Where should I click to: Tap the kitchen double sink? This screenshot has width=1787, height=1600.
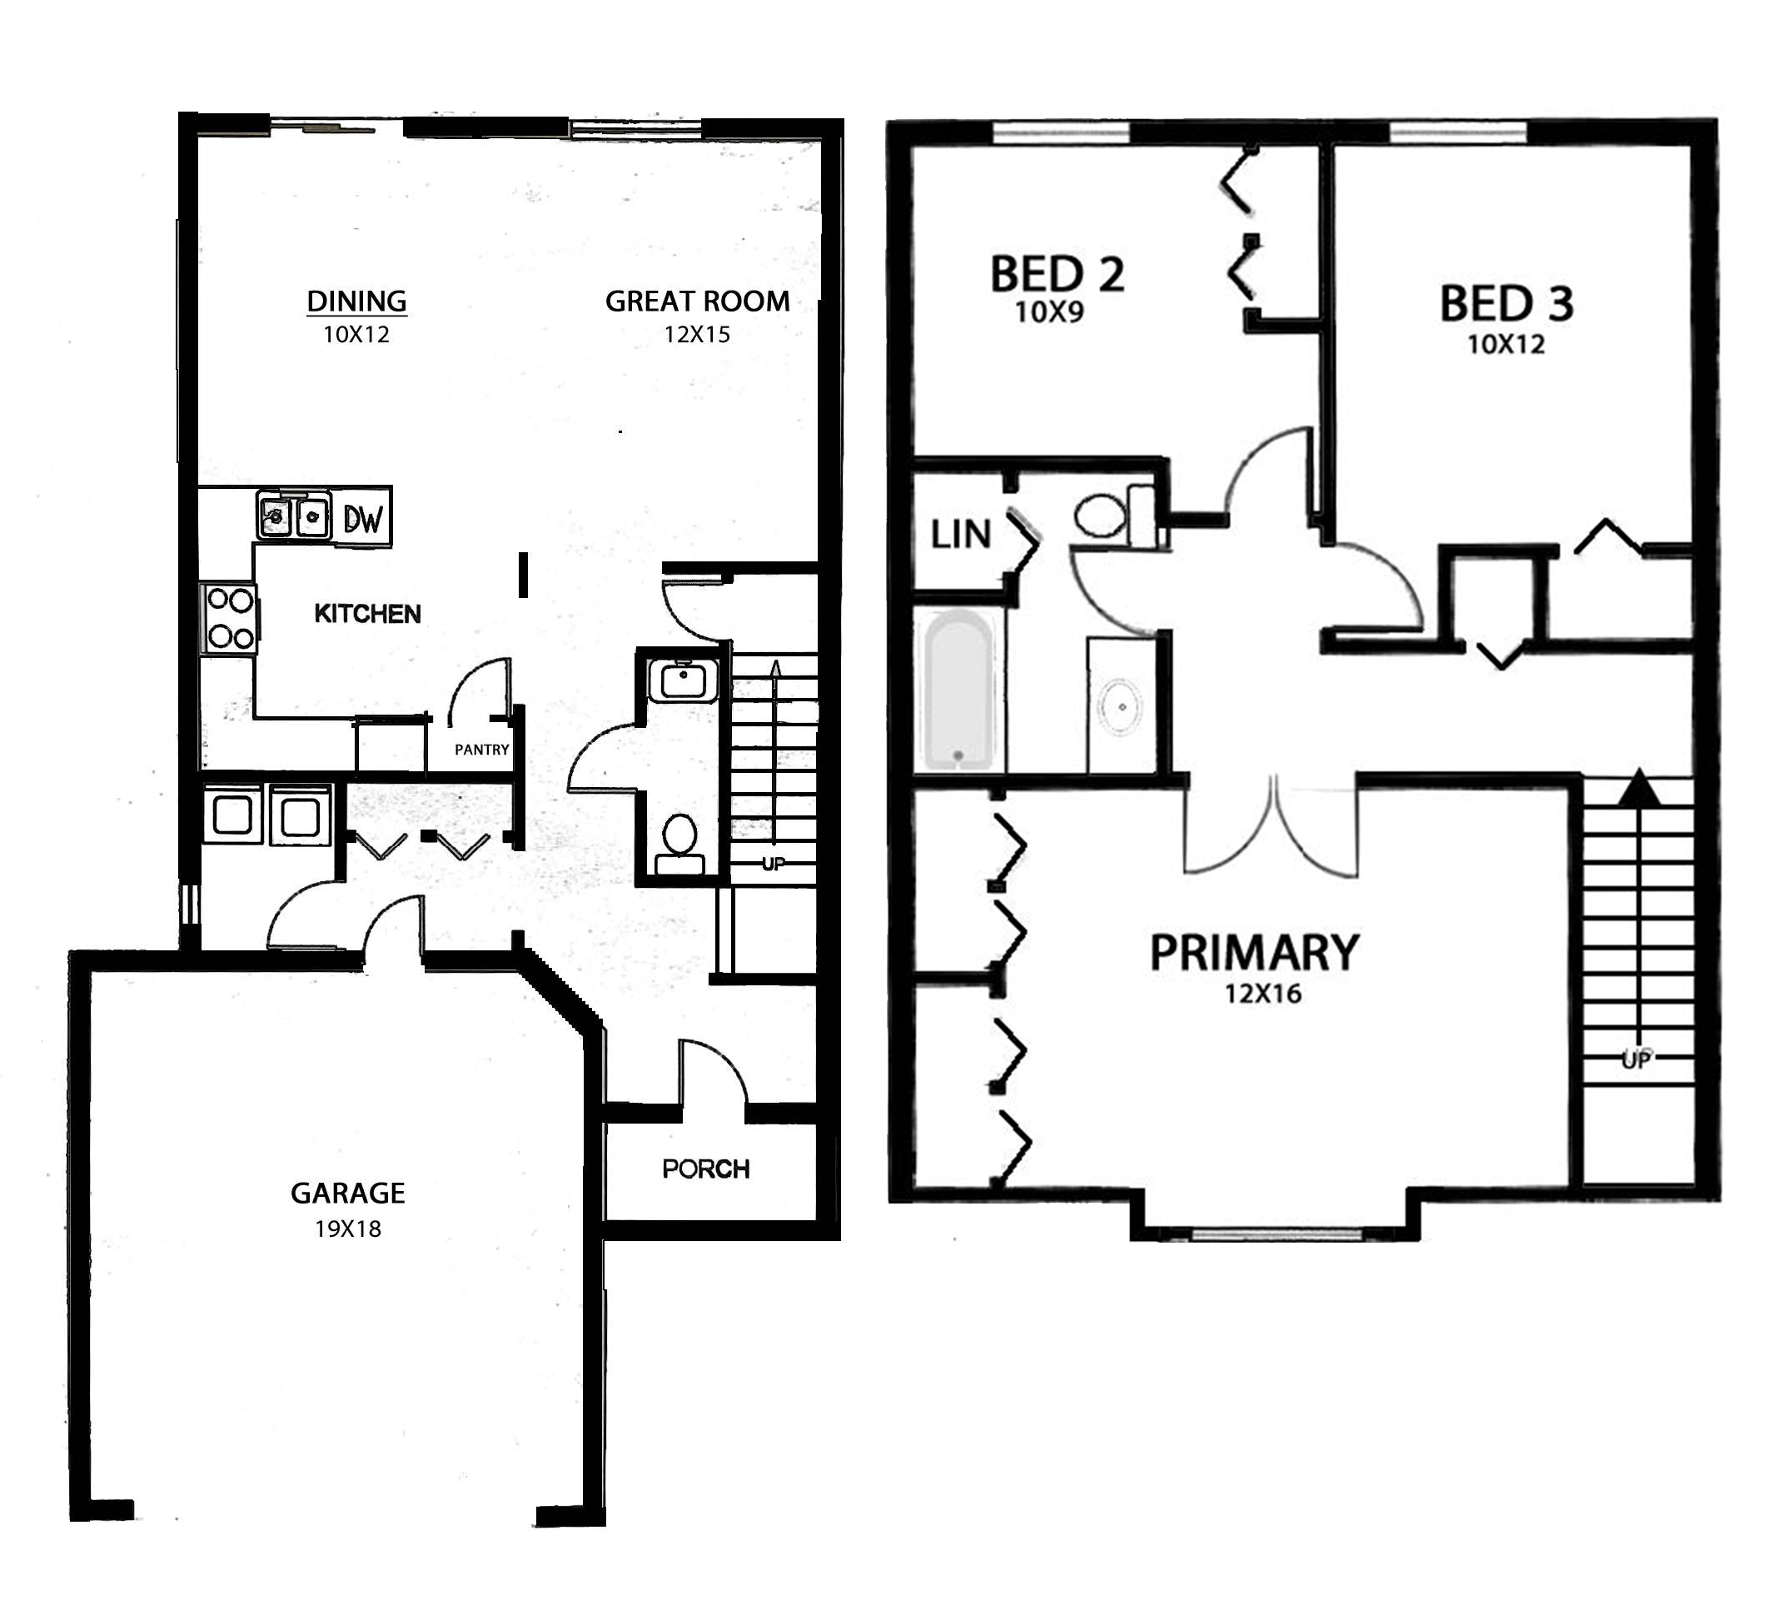pos(294,514)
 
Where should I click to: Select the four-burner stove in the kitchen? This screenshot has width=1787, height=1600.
pos(230,619)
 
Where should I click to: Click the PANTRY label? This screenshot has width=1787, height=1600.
pos(481,750)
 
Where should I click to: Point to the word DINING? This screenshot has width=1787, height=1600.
pos(356,302)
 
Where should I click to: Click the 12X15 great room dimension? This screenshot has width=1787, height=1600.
pos(697,335)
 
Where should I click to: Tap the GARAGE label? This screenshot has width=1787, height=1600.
pos(348,1193)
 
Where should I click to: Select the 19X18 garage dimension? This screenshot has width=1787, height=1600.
pos(348,1229)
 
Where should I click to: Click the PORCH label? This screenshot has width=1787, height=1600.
pos(706,1169)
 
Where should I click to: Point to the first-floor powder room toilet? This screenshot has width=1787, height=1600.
pos(679,844)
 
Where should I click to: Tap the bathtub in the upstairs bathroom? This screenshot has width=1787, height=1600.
pos(959,691)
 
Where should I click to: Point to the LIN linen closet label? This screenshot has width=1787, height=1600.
pos(961,535)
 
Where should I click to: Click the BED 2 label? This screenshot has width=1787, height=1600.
pos(1058,274)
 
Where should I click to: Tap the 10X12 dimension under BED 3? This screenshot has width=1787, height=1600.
pos(1506,345)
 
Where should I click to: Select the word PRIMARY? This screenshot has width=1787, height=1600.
pos(1254,953)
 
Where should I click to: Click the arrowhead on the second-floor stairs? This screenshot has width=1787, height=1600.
pos(1638,789)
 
